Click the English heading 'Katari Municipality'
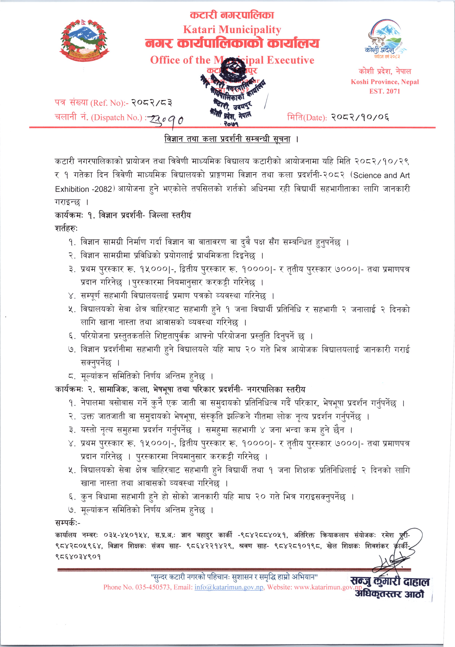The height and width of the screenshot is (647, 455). (232, 30)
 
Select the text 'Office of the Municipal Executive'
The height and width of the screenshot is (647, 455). (232, 60)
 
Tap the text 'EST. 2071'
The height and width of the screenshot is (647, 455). (385, 91)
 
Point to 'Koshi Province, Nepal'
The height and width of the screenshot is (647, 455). (385, 82)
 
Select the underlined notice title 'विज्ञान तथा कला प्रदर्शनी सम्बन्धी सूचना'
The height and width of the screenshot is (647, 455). (227, 139)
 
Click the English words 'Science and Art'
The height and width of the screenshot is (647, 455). (381, 175)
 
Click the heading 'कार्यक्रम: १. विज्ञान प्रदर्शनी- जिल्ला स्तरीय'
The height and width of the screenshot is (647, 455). (123, 215)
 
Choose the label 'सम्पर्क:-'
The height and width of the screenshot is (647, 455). (68, 523)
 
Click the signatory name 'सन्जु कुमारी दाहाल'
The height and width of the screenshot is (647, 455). (390, 581)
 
